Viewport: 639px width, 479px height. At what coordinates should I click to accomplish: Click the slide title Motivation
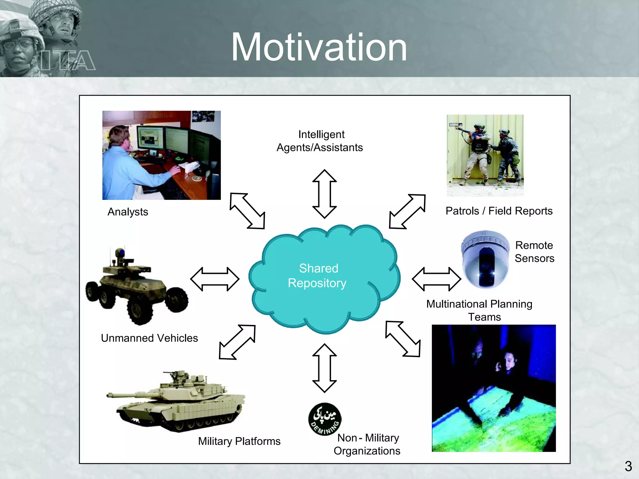tap(319, 47)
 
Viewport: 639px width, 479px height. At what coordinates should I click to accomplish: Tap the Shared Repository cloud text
tap(318, 276)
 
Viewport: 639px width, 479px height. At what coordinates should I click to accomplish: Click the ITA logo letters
tap(68, 60)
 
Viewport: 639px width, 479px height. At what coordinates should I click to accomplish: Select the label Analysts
tap(128, 212)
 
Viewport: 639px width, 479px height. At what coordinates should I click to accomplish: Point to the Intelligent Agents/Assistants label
tap(320, 141)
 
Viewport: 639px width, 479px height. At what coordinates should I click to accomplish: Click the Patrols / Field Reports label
tap(499, 211)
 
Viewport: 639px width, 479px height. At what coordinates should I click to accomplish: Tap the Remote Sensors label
tap(534, 252)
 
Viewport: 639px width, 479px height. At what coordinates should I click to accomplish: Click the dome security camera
tap(485, 259)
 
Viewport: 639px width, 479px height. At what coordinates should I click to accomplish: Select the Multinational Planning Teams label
tap(480, 310)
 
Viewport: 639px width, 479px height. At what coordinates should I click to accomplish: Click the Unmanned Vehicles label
tap(149, 338)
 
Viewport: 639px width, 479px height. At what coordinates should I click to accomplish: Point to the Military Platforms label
tap(239, 441)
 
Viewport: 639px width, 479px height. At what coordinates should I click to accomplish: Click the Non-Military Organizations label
tap(367, 444)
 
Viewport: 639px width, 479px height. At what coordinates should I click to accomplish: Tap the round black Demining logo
tap(324, 419)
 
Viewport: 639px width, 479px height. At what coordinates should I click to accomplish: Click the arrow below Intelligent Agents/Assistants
tap(324, 194)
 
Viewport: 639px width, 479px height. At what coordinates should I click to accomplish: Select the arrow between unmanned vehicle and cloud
tap(215, 279)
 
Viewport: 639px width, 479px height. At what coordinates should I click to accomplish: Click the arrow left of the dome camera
tap(436, 279)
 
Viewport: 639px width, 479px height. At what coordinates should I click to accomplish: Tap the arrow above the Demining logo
tap(324, 368)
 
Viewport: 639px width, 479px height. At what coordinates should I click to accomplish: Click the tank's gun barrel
tap(131, 395)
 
